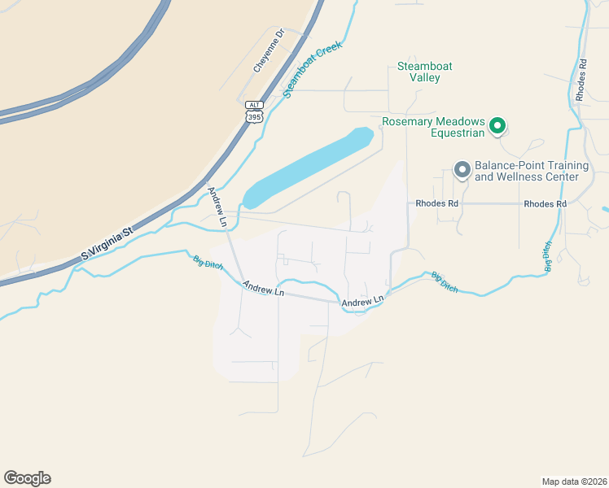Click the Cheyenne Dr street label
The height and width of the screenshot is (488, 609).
pyautogui.click(x=269, y=51)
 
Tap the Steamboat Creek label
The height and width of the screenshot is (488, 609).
pyautogui.click(x=313, y=70)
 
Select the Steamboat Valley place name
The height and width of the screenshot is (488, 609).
pyautogui.click(x=424, y=72)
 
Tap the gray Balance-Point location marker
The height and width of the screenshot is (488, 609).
pyautogui.click(x=462, y=170)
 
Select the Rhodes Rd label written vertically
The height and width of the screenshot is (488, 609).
pyautogui.click(x=581, y=79)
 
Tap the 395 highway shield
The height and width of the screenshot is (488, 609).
pyautogui.click(x=255, y=117)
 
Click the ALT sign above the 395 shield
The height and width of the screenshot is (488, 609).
pyautogui.click(x=255, y=105)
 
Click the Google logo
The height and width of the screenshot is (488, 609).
pyautogui.click(x=27, y=478)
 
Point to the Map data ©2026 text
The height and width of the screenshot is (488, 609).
pyautogui.click(x=573, y=481)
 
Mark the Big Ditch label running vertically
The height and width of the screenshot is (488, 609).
pyautogui.click(x=548, y=255)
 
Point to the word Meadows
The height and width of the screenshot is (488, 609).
pyautogui.click(x=459, y=122)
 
